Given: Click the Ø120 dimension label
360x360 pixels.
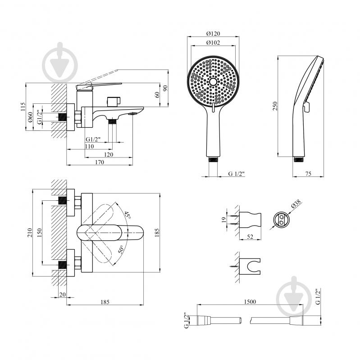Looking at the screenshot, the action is pyautogui.click(x=213, y=33).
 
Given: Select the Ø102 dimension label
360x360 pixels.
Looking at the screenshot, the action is pyautogui.click(x=213, y=42).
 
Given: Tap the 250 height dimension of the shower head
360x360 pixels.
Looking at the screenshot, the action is pyautogui.click(x=275, y=106).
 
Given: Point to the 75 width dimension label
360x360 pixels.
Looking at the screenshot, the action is pyautogui.click(x=308, y=174).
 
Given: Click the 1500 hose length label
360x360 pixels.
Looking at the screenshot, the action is pyautogui.click(x=250, y=301).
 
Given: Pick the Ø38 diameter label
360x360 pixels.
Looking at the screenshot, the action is pyautogui.click(x=296, y=203).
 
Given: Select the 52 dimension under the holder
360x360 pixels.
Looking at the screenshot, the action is pyautogui.click(x=250, y=236).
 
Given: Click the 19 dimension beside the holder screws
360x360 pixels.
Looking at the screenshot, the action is pyautogui.click(x=224, y=220).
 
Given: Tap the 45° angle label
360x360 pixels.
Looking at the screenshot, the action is pyautogui.click(x=128, y=215).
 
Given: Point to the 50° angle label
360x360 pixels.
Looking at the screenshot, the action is pyautogui.click(x=121, y=249).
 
